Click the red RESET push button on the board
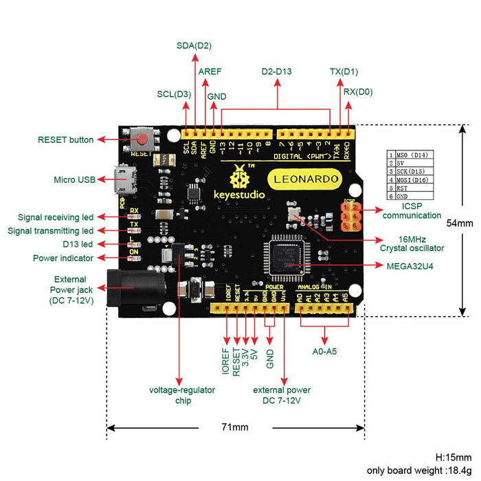[x=143, y=140]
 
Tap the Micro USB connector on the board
[x=124, y=180]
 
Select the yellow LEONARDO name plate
[x=307, y=179]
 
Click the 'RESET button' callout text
[x=65, y=140]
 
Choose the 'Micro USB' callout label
[x=74, y=180]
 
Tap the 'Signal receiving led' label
[x=56, y=217]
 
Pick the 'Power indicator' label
[x=63, y=258]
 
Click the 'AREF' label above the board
[x=210, y=71]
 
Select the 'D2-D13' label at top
[x=278, y=71]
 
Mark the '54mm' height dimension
[x=460, y=223]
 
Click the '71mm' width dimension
[x=234, y=427]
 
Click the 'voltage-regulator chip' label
[x=182, y=395]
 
